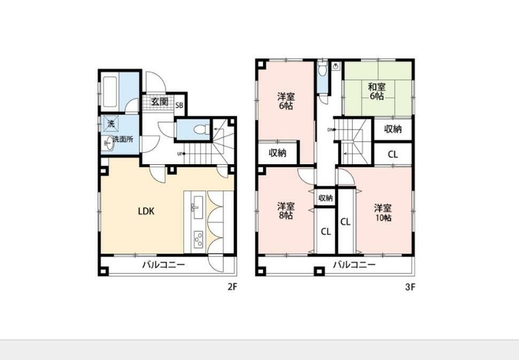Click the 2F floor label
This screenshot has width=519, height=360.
(232, 287)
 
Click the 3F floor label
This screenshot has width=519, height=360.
(409, 287)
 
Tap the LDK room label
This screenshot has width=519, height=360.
(146, 211)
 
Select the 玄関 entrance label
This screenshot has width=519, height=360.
(159, 102)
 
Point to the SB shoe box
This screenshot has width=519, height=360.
(179, 105)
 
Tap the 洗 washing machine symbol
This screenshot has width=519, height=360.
(111, 124)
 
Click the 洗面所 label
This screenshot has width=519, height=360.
(122, 140)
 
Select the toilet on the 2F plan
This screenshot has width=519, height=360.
(198, 131)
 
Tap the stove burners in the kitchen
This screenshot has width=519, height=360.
(199, 237)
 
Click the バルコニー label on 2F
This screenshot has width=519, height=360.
(163, 265)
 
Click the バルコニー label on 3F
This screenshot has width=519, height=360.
(354, 265)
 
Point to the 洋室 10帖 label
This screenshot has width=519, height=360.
(382, 213)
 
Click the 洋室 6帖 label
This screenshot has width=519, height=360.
(285, 101)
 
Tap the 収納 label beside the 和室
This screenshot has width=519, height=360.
(393, 129)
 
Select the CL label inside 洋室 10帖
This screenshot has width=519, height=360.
(345, 221)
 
